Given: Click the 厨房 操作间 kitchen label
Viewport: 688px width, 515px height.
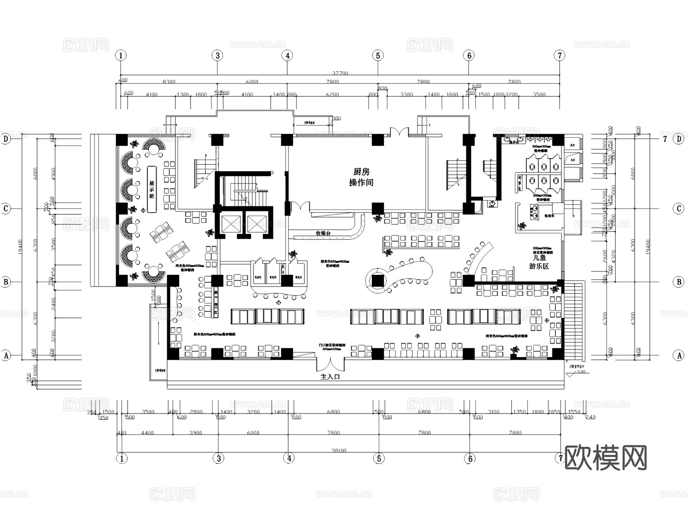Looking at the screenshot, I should click(x=361, y=177).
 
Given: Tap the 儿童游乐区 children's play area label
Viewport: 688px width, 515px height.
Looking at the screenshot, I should click(x=539, y=262).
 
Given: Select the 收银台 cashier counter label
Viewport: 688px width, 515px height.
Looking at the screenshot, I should click(x=323, y=233).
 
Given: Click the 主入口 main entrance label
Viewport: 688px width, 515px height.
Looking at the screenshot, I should click(x=330, y=377).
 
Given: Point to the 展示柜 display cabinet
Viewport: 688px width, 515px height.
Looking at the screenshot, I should click(x=152, y=189).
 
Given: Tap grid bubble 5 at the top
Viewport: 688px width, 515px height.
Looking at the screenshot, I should click(x=378, y=56).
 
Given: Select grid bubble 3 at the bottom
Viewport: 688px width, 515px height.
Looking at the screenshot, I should click(x=219, y=458).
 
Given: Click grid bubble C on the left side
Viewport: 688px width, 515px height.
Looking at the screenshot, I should click(x=6, y=209).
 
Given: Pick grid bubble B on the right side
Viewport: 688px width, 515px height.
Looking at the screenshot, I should click(x=679, y=282).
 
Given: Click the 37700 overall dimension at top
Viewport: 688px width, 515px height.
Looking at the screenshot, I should click(x=340, y=73).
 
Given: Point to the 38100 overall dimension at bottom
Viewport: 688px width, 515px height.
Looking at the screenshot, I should click(x=339, y=450).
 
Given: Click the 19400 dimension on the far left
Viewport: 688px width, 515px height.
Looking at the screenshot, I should click(x=20, y=247).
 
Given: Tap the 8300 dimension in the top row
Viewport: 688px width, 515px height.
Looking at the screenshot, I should click(x=169, y=82).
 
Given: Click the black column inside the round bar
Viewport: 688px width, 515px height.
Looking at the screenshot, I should click(x=377, y=281).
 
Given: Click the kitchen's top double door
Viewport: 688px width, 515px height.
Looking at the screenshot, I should click(x=399, y=132).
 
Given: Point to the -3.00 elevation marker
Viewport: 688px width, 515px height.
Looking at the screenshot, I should click(x=580, y=372).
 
